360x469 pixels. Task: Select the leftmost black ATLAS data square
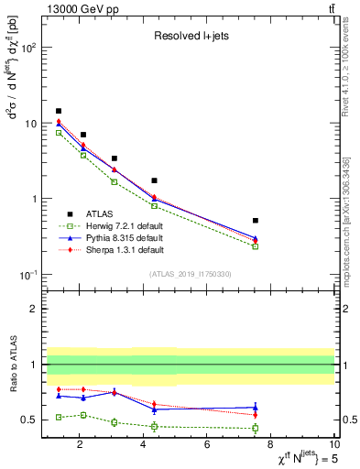click(x=59, y=111)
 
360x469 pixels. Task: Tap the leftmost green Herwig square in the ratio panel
click(x=59, y=417)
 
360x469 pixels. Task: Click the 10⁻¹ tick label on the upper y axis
click(x=29, y=275)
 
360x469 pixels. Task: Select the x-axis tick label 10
click(x=334, y=446)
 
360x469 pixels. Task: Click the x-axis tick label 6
click(x=207, y=446)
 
